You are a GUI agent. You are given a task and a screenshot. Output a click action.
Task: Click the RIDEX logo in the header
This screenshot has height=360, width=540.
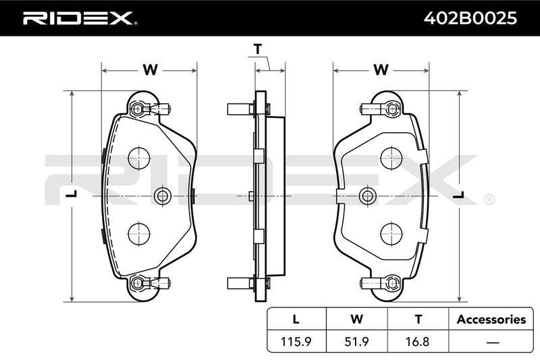point(80,18)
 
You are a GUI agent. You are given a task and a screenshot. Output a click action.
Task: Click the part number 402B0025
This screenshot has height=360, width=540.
point(470,18)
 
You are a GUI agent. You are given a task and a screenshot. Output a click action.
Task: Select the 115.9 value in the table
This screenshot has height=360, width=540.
point(296,342)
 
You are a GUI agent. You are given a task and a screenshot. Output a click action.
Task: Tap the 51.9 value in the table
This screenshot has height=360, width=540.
point(356,342)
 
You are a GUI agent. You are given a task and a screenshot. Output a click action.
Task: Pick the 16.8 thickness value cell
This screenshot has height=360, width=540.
point(418,342)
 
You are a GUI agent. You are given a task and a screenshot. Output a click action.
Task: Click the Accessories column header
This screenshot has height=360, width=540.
point(491,319)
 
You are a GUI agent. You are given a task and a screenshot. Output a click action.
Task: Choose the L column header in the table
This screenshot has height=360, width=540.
point(296,319)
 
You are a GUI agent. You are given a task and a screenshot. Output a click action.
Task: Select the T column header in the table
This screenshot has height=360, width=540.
point(418,319)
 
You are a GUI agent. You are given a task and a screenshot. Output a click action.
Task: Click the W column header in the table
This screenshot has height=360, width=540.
point(357,319)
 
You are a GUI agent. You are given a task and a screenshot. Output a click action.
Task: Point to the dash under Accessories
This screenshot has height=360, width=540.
point(493,342)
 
